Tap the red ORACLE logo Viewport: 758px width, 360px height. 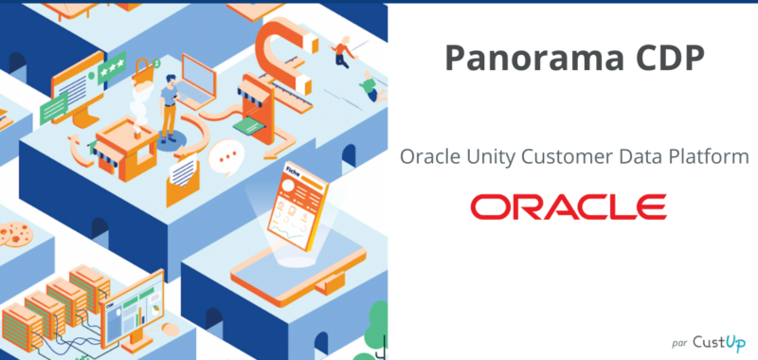(568, 206)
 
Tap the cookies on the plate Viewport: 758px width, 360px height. (14, 232)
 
